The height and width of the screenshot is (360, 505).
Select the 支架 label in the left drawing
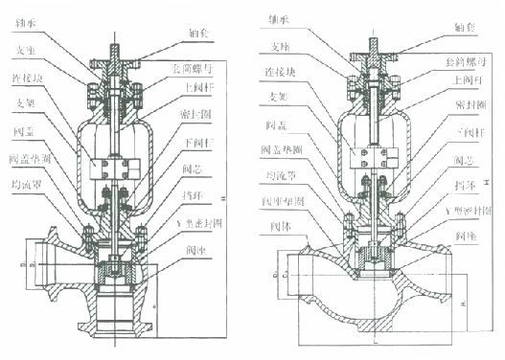coord(28,104)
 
